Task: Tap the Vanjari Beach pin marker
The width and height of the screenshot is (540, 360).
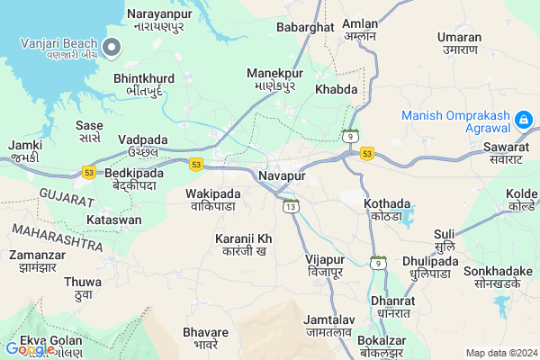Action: [112, 47]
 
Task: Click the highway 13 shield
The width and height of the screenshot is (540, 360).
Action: [290, 207]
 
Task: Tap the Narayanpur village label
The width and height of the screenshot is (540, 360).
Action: [160, 14]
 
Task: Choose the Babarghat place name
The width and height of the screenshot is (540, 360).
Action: [305, 28]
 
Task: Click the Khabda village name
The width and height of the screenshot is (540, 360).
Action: [336, 90]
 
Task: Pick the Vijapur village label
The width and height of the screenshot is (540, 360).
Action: [325, 259]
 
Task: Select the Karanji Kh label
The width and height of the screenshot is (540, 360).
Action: [243, 238]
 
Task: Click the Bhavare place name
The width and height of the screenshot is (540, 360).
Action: [205, 333]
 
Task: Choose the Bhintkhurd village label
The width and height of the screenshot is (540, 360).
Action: [144, 79]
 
